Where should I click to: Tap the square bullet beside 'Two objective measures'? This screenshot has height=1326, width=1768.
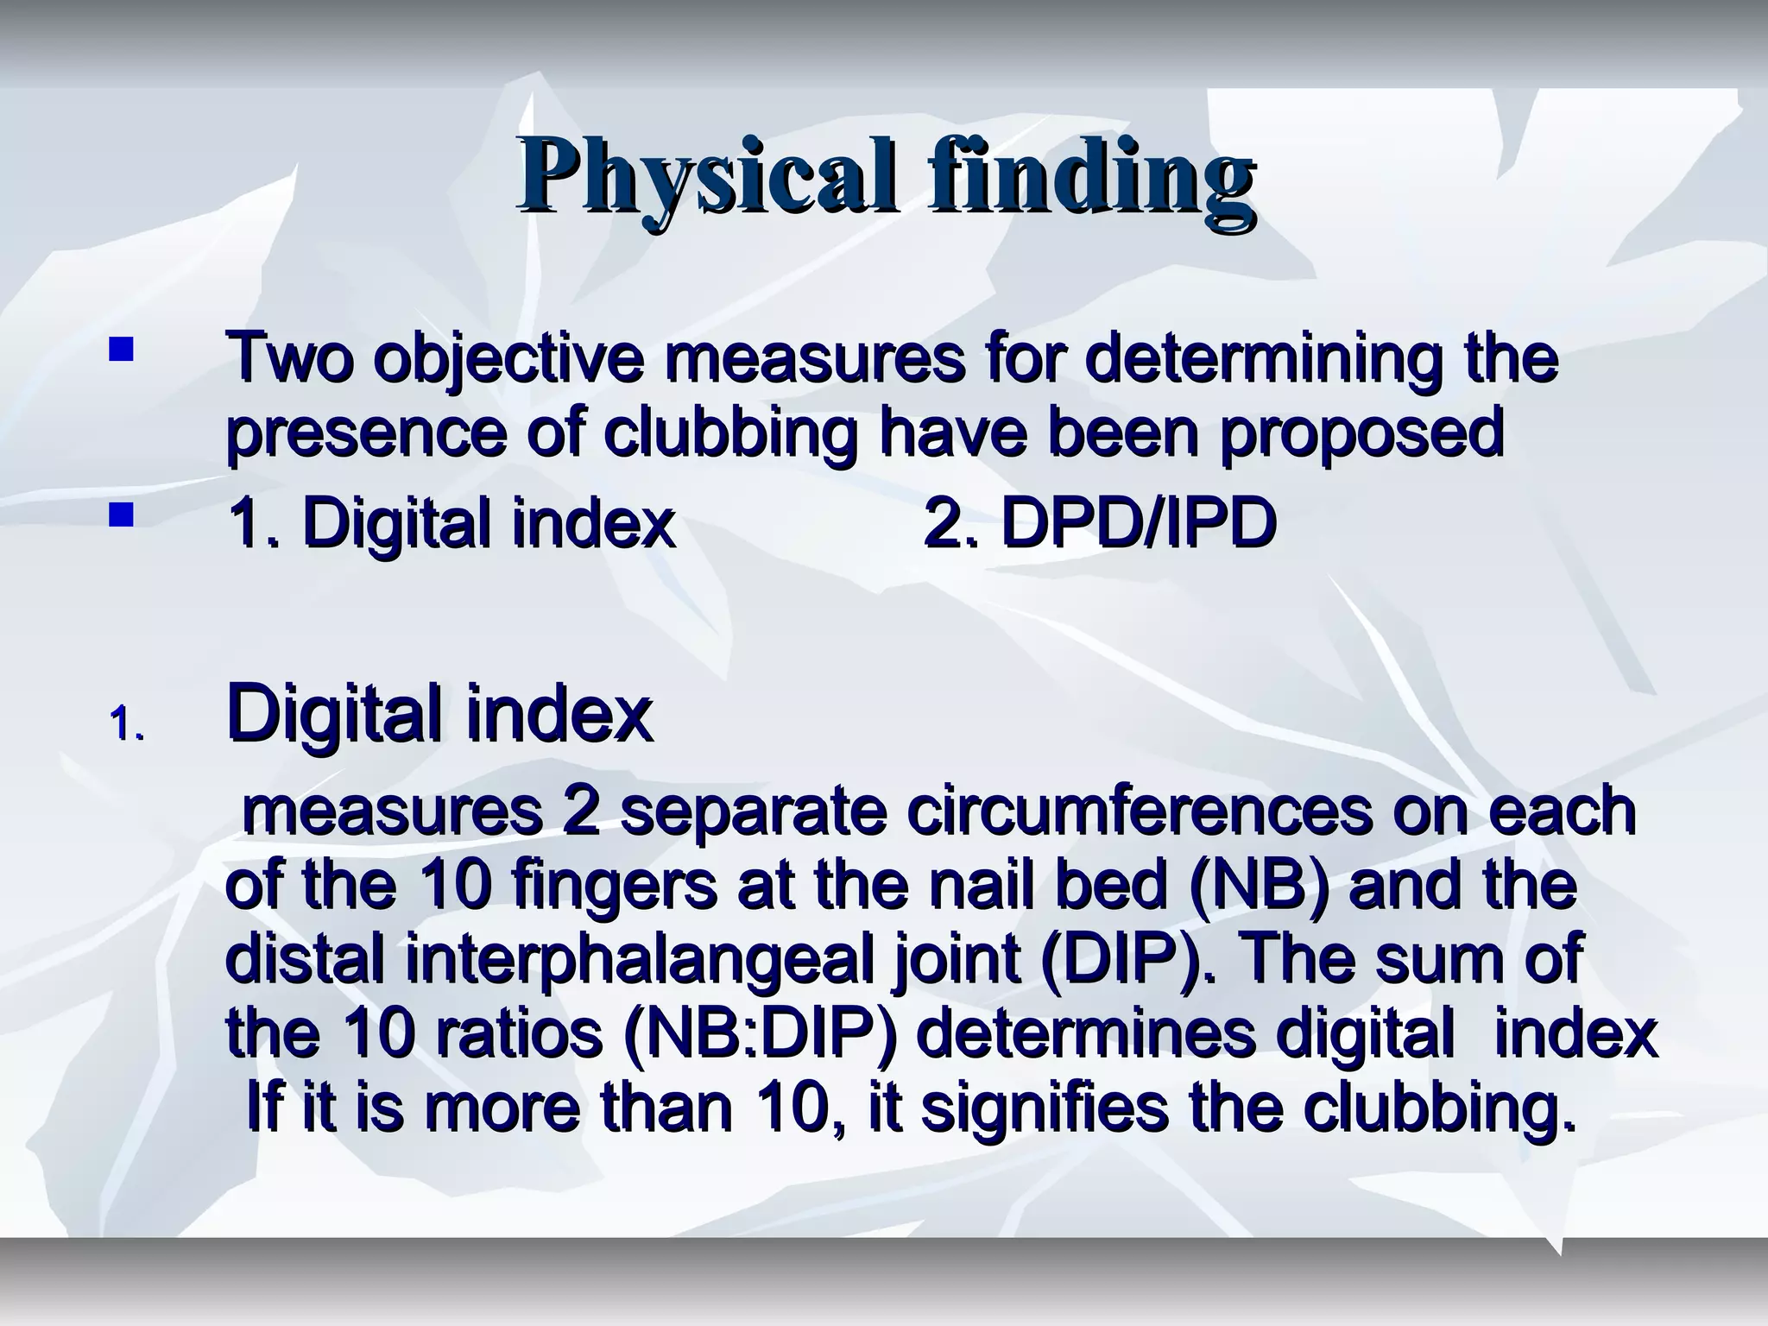(x=121, y=350)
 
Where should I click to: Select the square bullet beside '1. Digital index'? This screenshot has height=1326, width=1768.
(x=121, y=515)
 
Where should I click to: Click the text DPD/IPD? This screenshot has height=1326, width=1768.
(x=1137, y=524)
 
